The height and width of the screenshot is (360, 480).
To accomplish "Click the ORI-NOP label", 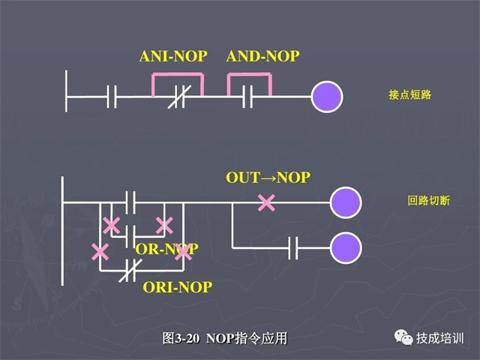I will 177,286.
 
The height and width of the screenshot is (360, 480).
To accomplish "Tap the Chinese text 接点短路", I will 409,96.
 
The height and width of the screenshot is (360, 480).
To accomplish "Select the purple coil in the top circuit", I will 326,97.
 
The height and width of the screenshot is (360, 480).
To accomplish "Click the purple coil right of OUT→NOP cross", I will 346,202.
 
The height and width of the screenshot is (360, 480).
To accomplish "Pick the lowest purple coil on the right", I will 346,247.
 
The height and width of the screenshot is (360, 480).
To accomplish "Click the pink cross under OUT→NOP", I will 265,202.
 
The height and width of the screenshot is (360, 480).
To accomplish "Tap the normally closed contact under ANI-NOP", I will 178,97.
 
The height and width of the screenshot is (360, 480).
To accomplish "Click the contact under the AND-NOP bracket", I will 248,97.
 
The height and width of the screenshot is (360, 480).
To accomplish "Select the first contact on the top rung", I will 111,97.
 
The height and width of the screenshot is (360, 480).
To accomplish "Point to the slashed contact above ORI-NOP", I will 130,268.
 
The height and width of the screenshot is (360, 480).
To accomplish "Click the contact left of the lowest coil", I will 294,247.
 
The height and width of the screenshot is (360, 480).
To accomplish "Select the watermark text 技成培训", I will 441,338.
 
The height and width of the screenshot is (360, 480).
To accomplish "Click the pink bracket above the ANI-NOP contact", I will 178,75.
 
